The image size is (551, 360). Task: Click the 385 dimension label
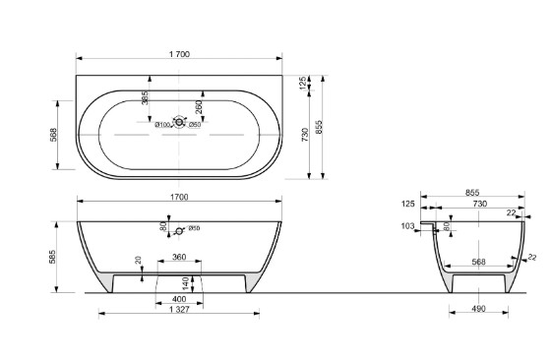click(145, 98)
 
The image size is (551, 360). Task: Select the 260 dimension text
click(199, 107)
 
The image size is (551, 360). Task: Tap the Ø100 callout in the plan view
click(162, 125)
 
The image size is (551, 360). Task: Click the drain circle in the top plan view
click(179, 122)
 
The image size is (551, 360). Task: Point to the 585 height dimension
click(52, 257)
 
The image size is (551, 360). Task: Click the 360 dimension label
click(179, 257)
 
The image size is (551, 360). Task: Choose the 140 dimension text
click(186, 284)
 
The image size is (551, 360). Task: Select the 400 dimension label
click(179, 299)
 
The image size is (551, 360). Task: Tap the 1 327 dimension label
click(179, 310)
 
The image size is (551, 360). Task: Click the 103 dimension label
click(407, 226)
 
